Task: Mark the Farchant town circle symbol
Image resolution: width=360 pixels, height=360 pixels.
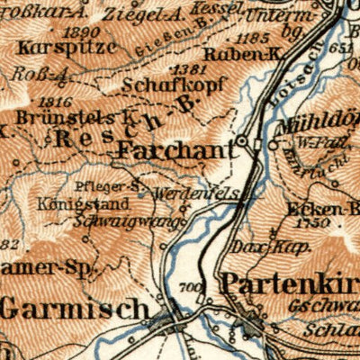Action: pyautogui.click(x=242, y=141)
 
